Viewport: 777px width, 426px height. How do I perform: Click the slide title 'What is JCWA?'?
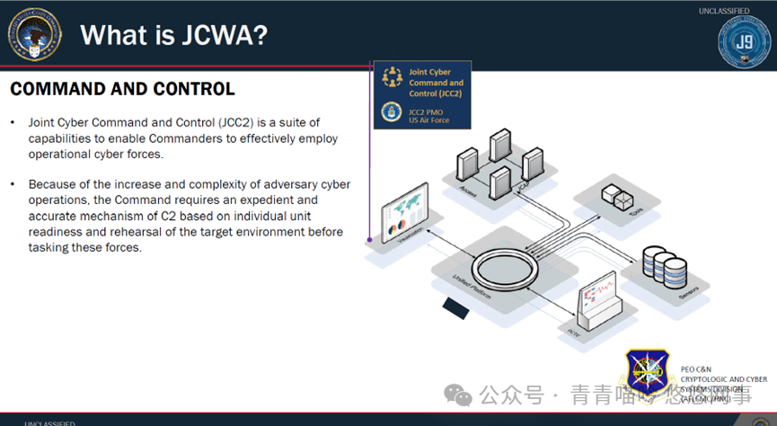[x=172, y=36]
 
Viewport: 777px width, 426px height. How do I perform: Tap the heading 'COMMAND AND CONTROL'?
[x=122, y=89]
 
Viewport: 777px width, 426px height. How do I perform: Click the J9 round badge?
[x=744, y=41]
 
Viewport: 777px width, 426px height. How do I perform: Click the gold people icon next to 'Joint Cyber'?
[x=392, y=77]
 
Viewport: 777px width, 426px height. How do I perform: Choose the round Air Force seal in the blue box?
[x=392, y=113]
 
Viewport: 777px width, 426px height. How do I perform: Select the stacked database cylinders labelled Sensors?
[x=664, y=265]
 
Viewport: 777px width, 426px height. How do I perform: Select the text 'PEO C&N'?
[x=697, y=368]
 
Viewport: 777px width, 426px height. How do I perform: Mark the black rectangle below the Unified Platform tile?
[x=460, y=308]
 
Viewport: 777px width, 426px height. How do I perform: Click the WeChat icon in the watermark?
[x=460, y=395]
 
